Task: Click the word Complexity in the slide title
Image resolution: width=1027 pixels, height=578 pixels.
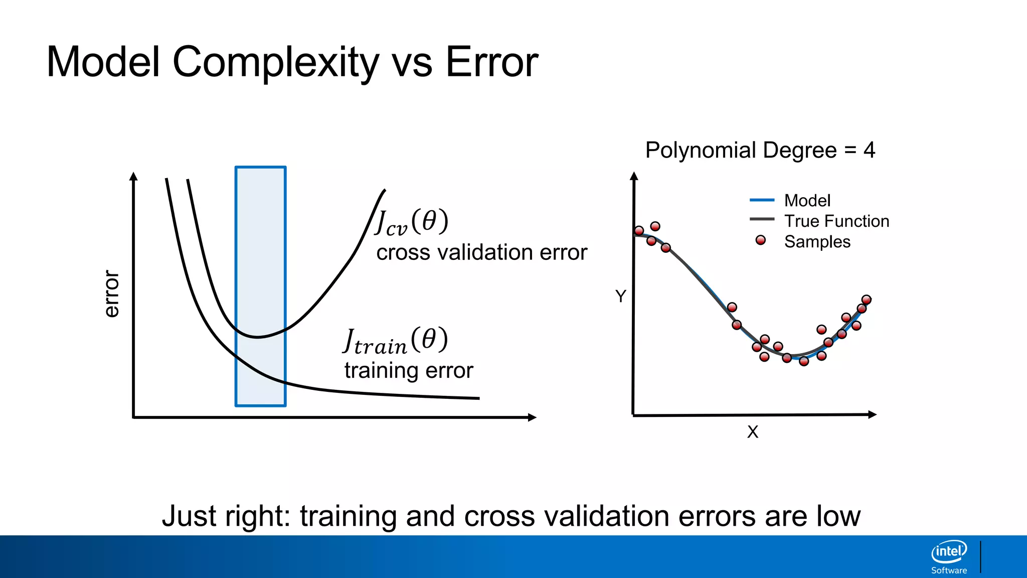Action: (276, 63)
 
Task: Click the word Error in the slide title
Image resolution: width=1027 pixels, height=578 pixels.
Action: (491, 63)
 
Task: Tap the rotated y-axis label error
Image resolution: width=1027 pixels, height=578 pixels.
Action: (111, 294)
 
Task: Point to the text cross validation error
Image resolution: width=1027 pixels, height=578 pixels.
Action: (481, 252)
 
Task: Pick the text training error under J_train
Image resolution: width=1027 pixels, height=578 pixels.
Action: (409, 370)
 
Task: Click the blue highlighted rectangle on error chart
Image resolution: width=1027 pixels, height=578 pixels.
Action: (261, 286)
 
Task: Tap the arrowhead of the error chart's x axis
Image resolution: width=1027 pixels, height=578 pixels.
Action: (533, 417)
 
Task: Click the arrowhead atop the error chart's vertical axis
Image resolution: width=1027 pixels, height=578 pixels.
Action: (133, 176)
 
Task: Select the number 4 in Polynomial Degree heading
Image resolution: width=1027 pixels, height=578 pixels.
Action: (869, 150)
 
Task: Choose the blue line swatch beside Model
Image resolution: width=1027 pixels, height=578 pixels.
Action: (762, 200)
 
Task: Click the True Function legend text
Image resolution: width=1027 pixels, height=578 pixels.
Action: (836, 221)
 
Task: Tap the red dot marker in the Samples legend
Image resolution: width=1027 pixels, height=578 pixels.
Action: (761, 240)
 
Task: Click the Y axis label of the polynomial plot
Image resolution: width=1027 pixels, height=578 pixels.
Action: (621, 296)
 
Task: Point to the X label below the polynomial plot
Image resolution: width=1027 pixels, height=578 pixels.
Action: (753, 431)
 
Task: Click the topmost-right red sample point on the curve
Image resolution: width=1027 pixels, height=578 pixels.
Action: (866, 300)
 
